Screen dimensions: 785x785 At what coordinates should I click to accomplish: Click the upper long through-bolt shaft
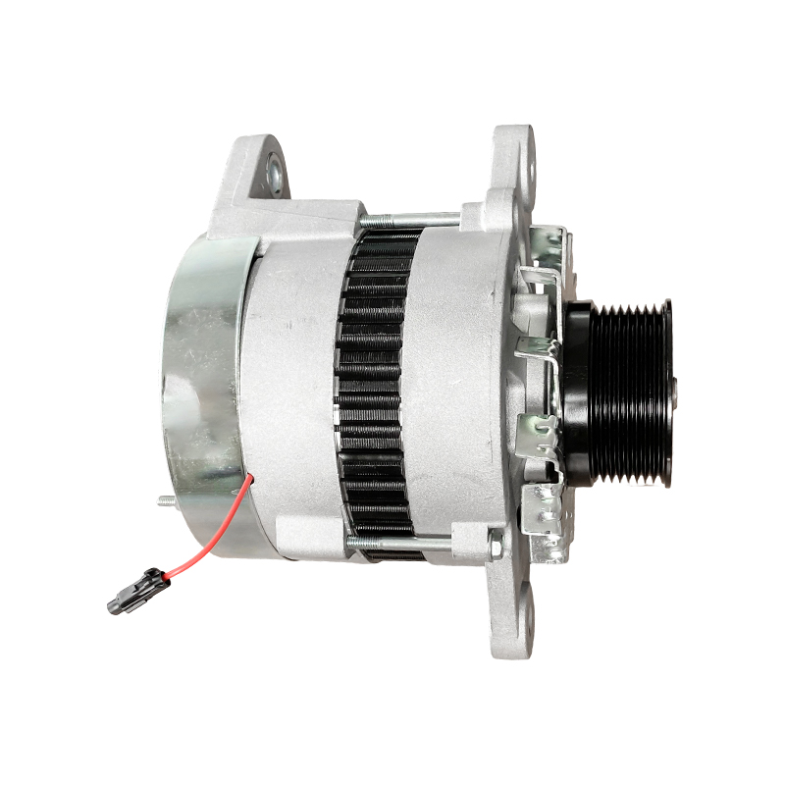tap(412, 217)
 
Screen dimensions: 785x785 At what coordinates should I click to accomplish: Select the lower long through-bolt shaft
tap(412, 542)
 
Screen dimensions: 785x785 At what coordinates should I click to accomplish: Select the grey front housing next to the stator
tap(456, 392)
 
